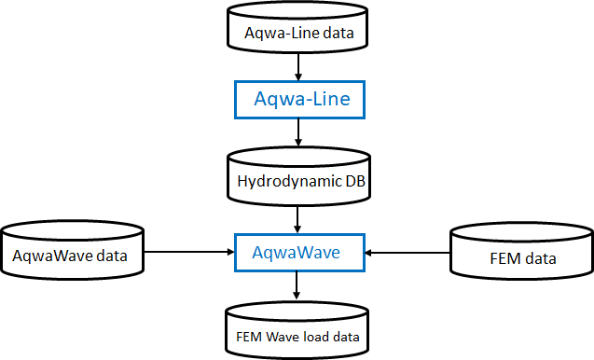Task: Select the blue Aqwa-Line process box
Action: pos(297,98)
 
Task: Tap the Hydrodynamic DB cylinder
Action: pos(297,177)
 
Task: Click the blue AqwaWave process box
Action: pos(297,251)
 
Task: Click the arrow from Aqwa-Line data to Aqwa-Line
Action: pos(297,66)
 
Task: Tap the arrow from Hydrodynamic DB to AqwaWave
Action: pos(297,215)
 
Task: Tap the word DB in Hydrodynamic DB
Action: pos(353,181)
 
